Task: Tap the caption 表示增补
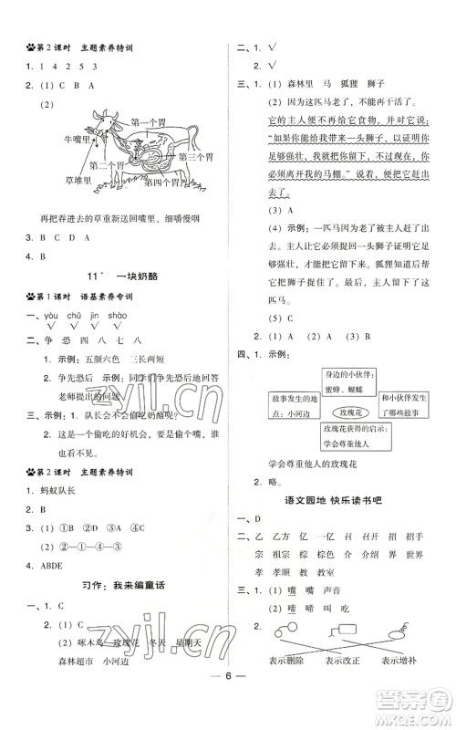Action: (x=403, y=687)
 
